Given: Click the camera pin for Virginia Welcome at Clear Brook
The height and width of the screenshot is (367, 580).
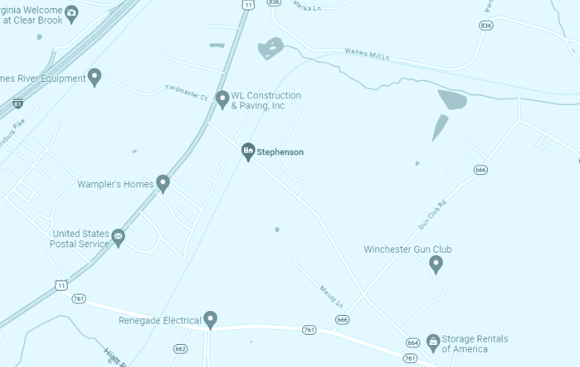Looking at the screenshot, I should (72, 13).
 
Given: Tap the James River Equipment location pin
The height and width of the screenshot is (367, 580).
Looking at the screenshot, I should (94, 76).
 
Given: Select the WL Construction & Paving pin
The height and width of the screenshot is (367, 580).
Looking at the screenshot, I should (223, 98).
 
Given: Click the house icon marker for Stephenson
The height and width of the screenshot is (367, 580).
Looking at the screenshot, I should (248, 150).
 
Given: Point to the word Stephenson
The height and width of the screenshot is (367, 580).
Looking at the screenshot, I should (280, 152).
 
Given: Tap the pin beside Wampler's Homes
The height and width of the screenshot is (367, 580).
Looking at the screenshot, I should (163, 183).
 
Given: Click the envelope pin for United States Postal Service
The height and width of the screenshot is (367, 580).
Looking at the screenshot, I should (118, 236).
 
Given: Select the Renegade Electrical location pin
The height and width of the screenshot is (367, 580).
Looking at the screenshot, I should (210, 319).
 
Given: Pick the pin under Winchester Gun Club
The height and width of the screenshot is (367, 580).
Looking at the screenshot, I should (436, 264).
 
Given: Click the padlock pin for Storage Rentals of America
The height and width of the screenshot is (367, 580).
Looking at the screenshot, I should (432, 340).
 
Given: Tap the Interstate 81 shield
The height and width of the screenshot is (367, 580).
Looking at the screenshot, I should (18, 103).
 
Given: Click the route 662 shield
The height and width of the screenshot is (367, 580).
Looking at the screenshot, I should (181, 348).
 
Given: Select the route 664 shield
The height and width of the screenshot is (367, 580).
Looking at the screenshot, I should (412, 343).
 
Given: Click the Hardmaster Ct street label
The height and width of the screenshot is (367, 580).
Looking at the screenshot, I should (186, 92).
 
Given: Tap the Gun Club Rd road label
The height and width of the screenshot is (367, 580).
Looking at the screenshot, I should (433, 213).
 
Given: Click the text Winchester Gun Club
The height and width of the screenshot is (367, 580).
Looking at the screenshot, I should (407, 250).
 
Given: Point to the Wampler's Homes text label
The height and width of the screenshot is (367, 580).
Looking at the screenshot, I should (115, 184).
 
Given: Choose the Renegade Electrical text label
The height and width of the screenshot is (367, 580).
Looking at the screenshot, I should (161, 321).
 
